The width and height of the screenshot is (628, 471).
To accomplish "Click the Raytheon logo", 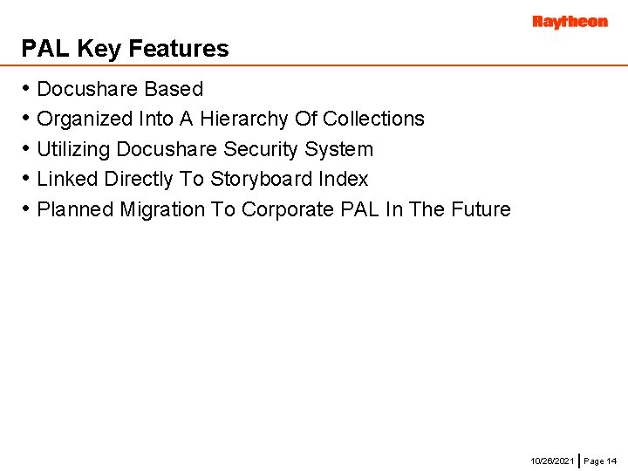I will (x=570, y=22).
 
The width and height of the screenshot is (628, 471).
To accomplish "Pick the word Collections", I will (x=373, y=119).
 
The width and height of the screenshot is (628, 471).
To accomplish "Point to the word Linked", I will (x=67, y=179).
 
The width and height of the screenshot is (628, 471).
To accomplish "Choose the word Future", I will (x=479, y=209).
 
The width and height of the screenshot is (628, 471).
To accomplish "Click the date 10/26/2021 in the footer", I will (x=553, y=460).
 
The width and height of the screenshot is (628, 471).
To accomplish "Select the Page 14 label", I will (x=600, y=460).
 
